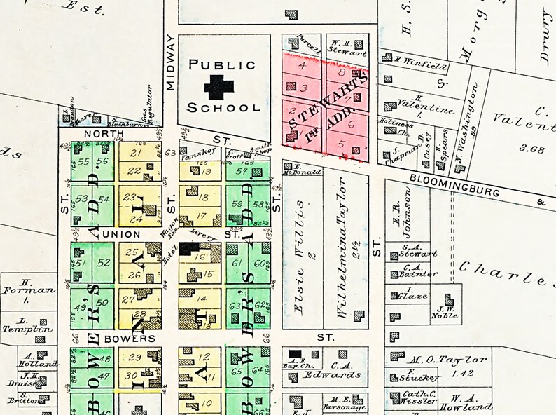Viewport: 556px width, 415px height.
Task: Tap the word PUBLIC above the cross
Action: [223, 65]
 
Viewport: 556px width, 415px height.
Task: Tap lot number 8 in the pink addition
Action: [342, 72]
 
